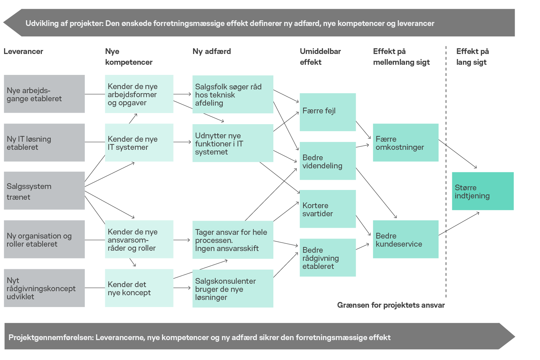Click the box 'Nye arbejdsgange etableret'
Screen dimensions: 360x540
tap(44, 94)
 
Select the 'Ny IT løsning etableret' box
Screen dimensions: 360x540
tap(44, 142)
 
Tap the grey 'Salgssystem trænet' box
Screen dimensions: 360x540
tap(44, 191)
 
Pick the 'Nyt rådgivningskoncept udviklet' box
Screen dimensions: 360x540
tap(44, 288)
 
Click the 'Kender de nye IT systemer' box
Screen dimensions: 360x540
tap(139, 142)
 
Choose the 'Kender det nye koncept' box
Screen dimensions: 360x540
tap(139, 288)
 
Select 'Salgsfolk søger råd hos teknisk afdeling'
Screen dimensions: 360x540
tap(233, 94)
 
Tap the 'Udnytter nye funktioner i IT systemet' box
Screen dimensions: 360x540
tap(233, 143)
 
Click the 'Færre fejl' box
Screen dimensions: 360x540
tap(328, 112)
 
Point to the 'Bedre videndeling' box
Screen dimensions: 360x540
tap(328, 161)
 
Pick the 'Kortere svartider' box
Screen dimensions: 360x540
tap(328, 209)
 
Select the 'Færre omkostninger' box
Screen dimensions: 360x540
tap(406, 142)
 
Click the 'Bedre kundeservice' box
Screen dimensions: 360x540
tap(406, 239)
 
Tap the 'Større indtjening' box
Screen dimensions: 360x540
tap(483, 191)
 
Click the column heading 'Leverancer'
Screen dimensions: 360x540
tap(23, 51)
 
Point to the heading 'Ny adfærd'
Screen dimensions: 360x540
tap(212, 51)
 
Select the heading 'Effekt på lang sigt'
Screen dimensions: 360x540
tap(472, 56)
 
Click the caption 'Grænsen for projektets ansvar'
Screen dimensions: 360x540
tap(391, 305)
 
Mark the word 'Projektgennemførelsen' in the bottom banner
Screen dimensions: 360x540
tap(51, 337)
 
